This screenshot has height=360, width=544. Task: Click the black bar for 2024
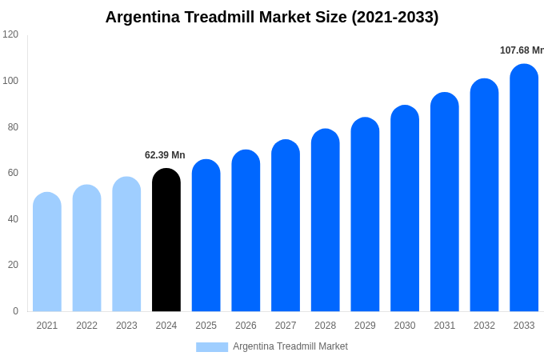click(x=166, y=240)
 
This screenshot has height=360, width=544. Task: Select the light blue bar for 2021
click(x=47, y=252)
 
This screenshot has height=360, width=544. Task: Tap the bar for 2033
click(x=524, y=188)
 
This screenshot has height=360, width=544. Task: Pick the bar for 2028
click(x=325, y=220)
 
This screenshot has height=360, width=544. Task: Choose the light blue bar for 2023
click(x=126, y=244)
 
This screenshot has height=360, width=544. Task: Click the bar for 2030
click(x=405, y=208)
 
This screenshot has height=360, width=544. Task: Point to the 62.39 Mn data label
click(x=165, y=155)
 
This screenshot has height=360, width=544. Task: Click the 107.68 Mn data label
click(x=522, y=50)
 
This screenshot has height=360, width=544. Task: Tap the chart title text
click(x=272, y=17)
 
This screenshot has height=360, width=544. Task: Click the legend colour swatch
click(x=212, y=347)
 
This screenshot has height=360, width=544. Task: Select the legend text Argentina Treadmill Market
click(x=290, y=346)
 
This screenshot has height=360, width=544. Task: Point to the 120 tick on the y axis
click(x=10, y=34)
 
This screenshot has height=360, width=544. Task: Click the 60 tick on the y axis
click(x=13, y=173)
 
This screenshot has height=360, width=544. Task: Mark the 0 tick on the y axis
click(x=15, y=311)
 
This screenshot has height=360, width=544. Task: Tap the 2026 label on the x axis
click(x=246, y=326)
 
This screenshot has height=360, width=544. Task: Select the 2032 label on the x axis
click(x=484, y=326)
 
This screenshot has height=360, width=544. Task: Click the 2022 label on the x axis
click(x=86, y=326)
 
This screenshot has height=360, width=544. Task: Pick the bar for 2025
click(x=206, y=236)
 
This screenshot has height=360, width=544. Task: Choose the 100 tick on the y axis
click(x=10, y=81)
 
